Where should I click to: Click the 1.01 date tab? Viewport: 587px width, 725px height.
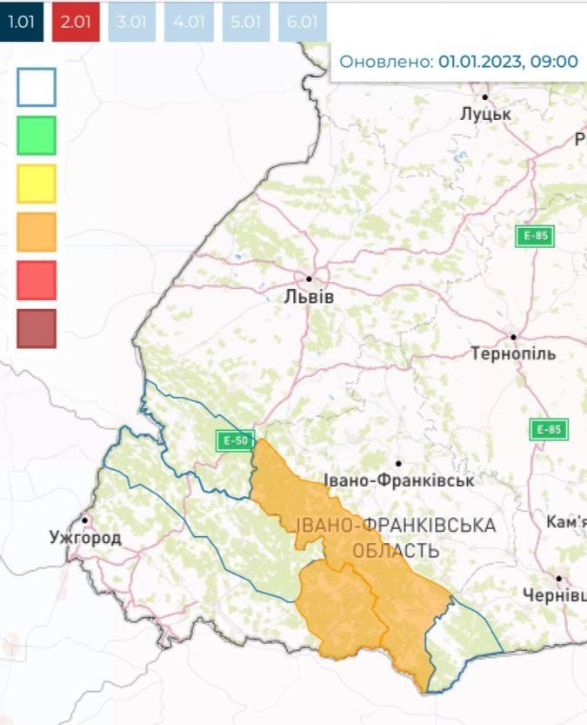pyautogui.click(x=21, y=22)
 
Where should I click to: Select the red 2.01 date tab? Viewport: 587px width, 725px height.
pyautogui.click(x=77, y=22)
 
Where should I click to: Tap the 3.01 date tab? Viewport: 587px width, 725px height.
pyautogui.click(x=131, y=22)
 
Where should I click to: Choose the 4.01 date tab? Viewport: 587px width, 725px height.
pyautogui.click(x=189, y=22)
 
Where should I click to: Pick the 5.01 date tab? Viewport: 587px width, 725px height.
pyautogui.click(x=244, y=22)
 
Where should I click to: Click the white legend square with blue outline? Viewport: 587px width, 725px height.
pyautogui.click(x=37, y=87)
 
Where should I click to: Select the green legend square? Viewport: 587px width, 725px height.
pyautogui.click(x=37, y=135)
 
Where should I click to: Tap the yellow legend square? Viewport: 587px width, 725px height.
pyautogui.click(x=37, y=184)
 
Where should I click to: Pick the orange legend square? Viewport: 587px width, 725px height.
pyautogui.click(x=37, y=232)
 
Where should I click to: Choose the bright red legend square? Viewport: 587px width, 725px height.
pyautogui.click(x=37, y=280)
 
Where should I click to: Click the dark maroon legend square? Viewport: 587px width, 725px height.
pyautogui.click(x=37, y=328)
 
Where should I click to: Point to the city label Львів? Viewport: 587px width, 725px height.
pyautogui.click(x=309, y=297)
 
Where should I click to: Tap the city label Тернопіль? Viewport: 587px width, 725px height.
pyautogui.click(x=512, y=354)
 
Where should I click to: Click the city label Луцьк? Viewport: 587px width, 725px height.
pyautogui.click(x=485, y=115)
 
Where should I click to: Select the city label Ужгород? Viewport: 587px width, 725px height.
pyautogui.click(x=85, y=538)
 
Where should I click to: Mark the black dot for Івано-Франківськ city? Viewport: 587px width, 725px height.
pyautogui.click(x=397, y=464)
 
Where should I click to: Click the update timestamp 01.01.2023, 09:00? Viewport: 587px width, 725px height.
pyautogui.click(x=508, y=62)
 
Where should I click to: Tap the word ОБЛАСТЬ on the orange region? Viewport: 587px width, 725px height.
pyautogui.click(x=396, y=551)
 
